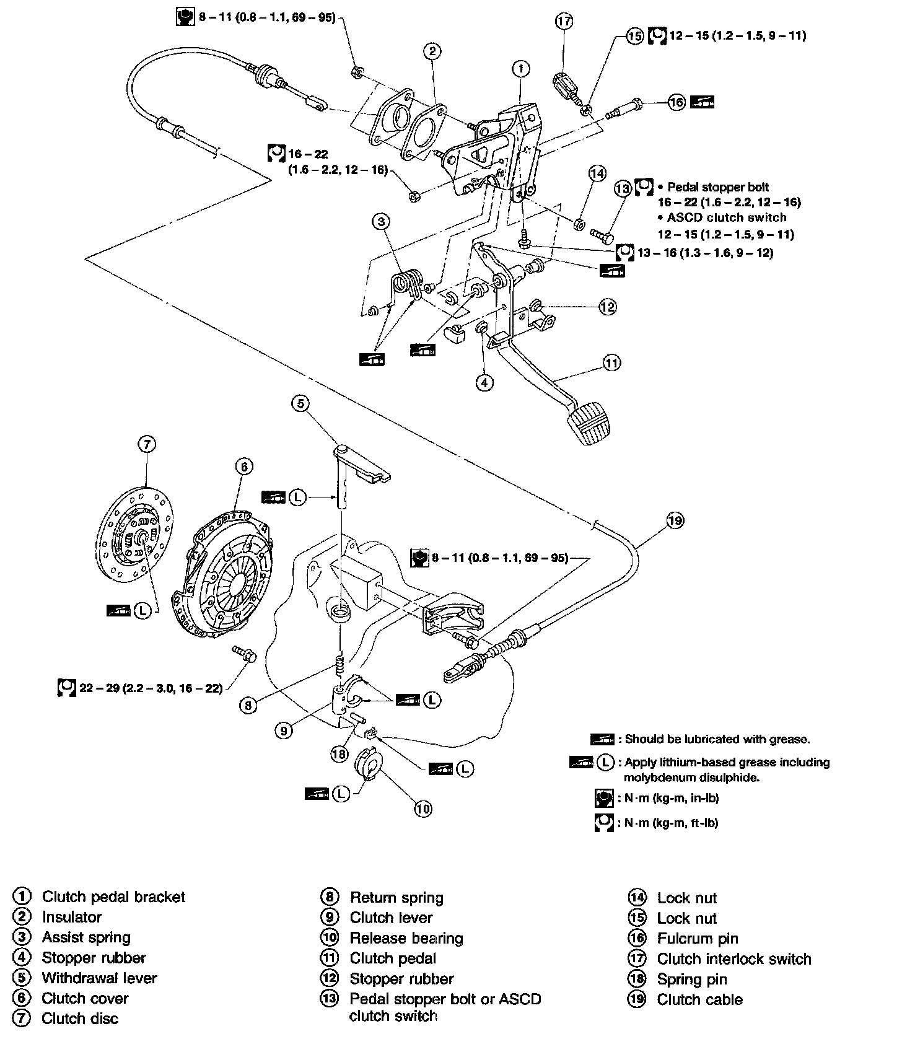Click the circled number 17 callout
coord(564,22)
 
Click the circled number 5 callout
coord(300,404)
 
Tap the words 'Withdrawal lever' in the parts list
coord(99,978)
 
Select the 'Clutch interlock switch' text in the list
coord(734,959)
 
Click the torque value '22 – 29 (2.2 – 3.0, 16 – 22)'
coord(151,688)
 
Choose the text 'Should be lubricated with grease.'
coord(717,739)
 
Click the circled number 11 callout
coord(611,362)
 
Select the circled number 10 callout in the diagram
coord(423,809)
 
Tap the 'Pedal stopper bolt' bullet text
coord(719,186)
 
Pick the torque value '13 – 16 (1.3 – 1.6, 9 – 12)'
coord(705,252)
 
